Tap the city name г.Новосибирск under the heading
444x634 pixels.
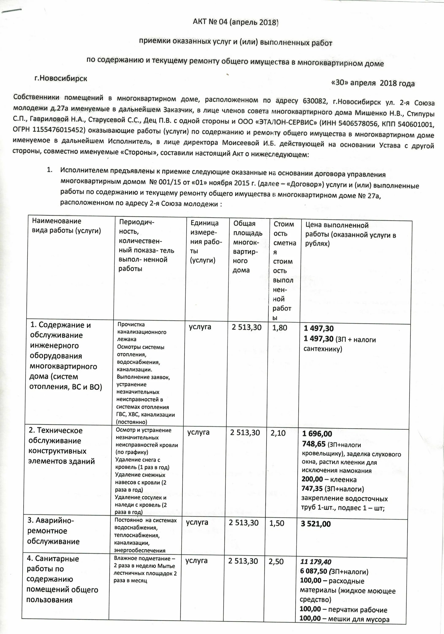coord(61,78)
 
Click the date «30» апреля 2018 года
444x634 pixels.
coord(372,83)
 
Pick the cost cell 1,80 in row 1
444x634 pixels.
coord(280,328)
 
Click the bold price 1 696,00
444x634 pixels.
coord(317,433)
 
